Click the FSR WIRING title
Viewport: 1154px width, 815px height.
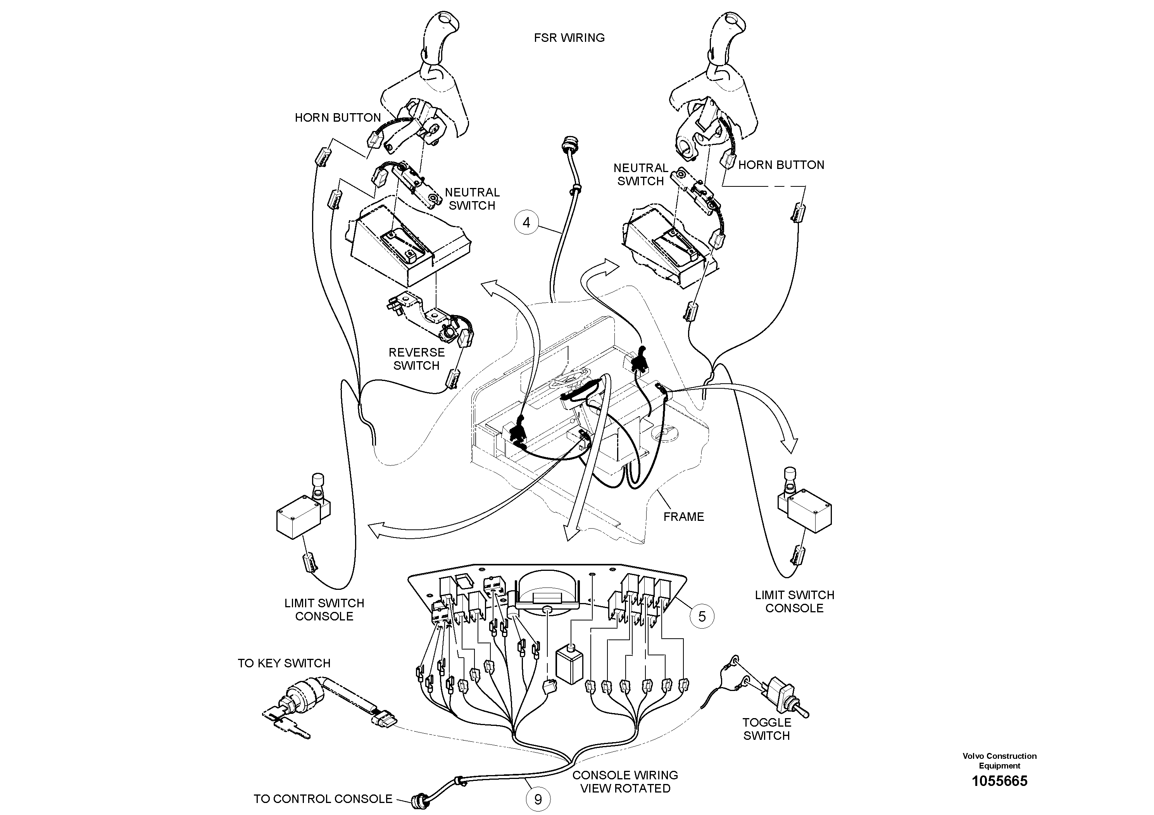tap(569, 38)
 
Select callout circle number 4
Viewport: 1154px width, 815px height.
tap(526, 222)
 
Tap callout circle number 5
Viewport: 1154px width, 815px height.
tap(702, 616)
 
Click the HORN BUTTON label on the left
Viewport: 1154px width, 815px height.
tap(338, 117)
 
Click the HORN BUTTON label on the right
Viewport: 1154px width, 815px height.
tap(781, 165)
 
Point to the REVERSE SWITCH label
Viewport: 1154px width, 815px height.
tap(417, 359)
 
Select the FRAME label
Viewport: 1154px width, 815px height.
tap(683, 517)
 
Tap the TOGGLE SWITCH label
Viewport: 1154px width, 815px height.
tap(766, 729)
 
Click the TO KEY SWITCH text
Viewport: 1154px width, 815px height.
tap(284, 663)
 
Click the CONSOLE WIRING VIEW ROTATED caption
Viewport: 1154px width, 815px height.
tap(625, 782)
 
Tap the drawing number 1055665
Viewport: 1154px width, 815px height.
tap(999, 781)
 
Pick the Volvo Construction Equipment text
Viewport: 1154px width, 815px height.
tap(999, 761)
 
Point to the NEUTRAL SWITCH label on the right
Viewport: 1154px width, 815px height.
tap(640, 174)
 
